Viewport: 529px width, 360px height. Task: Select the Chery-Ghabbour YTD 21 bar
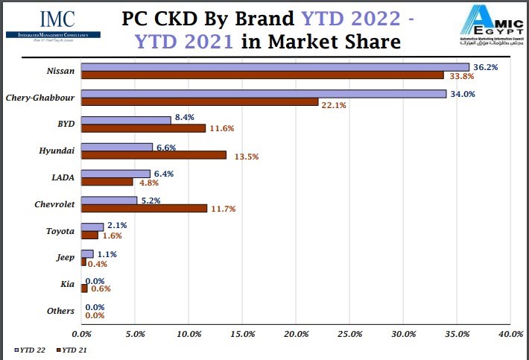coord(199,102)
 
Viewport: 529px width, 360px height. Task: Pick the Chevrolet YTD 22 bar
coord(108,200)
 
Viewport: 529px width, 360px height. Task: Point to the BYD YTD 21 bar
coord(142,128)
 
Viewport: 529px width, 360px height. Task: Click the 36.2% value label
coord(485,67)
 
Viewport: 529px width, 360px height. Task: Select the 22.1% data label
coord(334,104)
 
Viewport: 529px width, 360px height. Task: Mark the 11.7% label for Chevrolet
coord(222,209)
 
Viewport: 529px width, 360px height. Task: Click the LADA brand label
coord(63,177)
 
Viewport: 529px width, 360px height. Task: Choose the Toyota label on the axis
coord(60,231)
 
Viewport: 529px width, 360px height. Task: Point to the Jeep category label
coord(66,257)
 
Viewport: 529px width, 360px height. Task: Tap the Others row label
coord(60,311)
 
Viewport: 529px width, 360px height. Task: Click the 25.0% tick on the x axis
coord(349,335)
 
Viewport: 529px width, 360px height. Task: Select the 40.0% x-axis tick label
coord(510,335)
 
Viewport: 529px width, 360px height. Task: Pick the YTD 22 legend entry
coord(30,349)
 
